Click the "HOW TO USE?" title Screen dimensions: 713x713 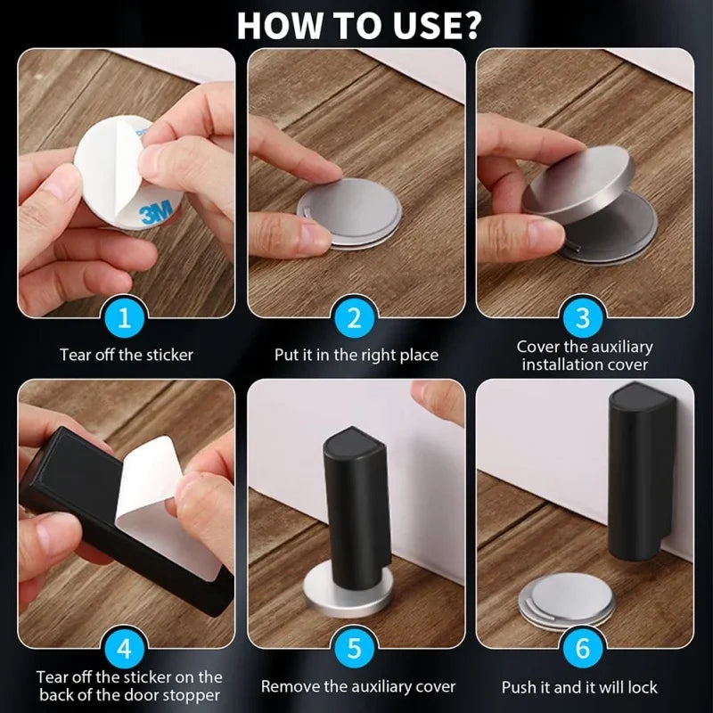pyautogui.click(x=357, y=25)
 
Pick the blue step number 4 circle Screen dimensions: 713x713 pyautogui.click(x=127, y=648)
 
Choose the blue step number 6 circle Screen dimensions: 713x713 pyautogui.click(x=584, y=648)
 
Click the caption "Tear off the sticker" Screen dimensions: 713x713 pyautogui.click(x=127, y=355)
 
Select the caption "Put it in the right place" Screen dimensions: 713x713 pyautogui.click(x=356, y=355)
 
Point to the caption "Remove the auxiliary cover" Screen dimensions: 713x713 pyautogui.click(x=357, y=686)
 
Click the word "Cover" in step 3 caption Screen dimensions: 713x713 pyautogui.click(x=539, y=347)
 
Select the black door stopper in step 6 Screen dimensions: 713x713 pyautogui.click(x=638, y=472)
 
